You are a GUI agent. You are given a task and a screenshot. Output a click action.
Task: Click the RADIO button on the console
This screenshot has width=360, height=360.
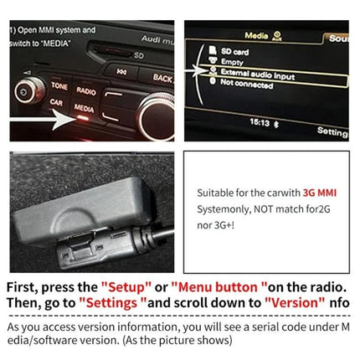click(85, 89)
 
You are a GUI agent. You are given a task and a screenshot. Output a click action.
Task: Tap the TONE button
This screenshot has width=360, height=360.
click(59, 86)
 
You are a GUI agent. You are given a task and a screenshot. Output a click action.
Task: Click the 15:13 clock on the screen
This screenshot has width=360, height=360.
click(259, 122)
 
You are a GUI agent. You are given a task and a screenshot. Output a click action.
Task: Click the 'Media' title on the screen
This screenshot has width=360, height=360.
click(256, 36)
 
